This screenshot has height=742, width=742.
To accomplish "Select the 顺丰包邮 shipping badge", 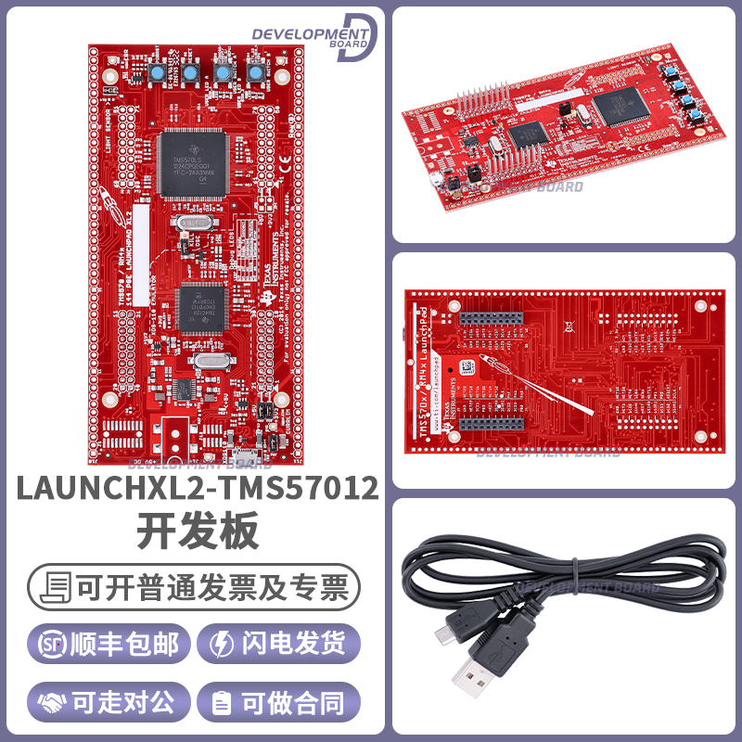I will tap(109, 644).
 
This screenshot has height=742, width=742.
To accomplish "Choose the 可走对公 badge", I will tap(109, 702).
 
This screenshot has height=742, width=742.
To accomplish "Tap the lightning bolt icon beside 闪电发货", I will tap(224, 644).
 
